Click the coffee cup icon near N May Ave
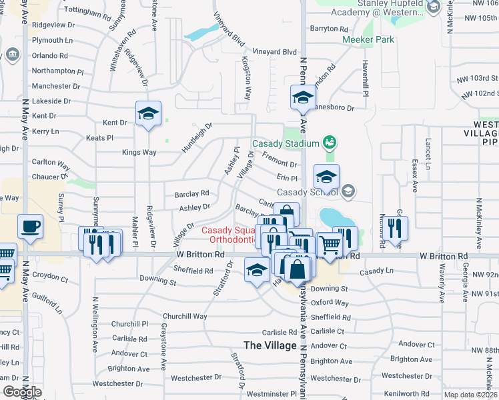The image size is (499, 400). pos(30,227)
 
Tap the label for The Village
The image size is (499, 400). pos(270,345)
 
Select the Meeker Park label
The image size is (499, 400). pos(368,39)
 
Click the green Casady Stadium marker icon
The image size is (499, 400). pos(328,142)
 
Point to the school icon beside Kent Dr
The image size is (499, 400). pos(149,114)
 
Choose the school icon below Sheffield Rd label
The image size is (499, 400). pos(257,270)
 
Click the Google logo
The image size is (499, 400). pos(21,392)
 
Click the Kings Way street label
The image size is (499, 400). pos(139,153)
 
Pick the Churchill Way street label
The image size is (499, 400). pos(185,317)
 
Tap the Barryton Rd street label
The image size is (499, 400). pos(330,29)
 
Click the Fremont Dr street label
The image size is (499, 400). pos(279,160)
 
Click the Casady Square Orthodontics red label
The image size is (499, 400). pos(231,235)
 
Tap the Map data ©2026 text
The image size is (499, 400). pos(471,395)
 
